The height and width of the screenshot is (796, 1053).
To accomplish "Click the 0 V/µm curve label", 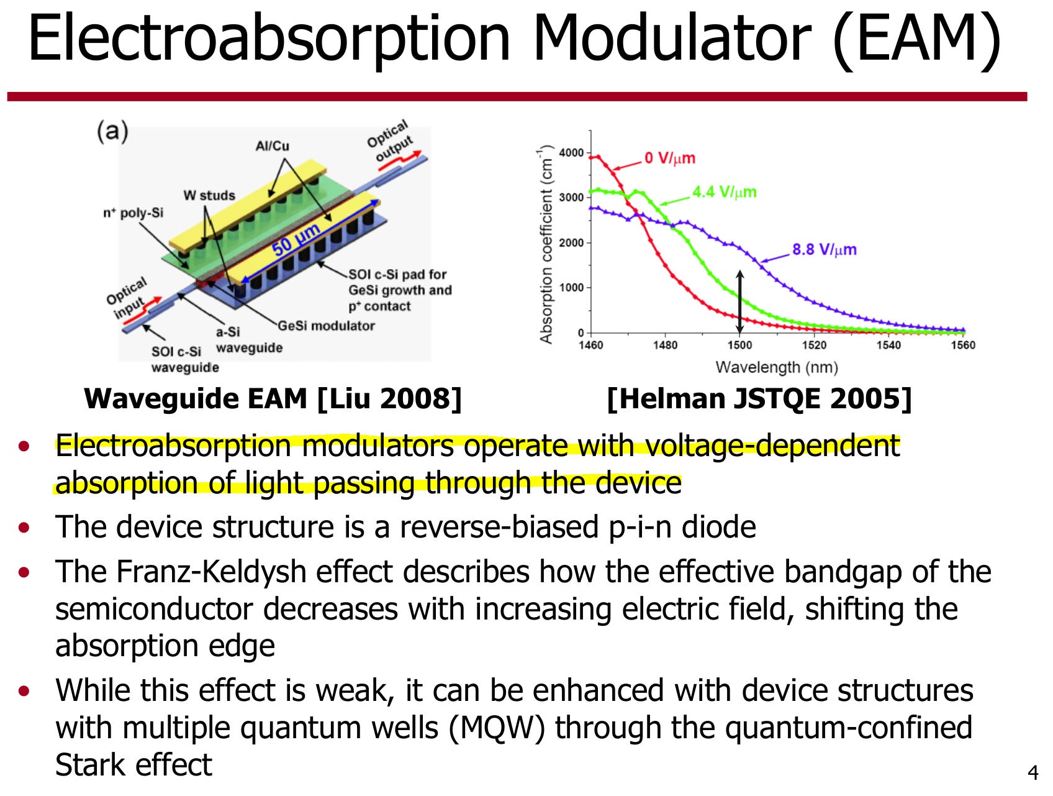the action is coord(669,158).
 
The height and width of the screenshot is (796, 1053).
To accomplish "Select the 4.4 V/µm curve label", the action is coord(725,192).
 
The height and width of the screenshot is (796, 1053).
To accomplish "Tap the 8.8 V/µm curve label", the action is coord(824,250).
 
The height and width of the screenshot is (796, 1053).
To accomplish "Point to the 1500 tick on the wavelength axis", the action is coord(739,345).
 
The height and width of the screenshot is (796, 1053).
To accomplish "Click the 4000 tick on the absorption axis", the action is coord(571,153).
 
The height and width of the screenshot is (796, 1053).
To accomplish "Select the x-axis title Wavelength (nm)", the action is coord(777,367).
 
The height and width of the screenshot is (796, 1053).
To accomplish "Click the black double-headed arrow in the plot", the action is coord(739,301).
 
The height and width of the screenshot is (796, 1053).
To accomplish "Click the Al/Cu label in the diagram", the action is coord(272,146).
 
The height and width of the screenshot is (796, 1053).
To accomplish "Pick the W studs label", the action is coord(209,195).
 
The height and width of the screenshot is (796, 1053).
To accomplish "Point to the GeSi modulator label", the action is coord(326,326).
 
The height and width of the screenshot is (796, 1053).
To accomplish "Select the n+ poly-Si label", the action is coord(133,213).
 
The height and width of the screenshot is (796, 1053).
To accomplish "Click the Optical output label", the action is coord(390,140).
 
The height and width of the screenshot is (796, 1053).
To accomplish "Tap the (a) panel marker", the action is coord(112,131).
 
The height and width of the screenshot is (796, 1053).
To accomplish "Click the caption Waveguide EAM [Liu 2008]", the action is coord(273,398).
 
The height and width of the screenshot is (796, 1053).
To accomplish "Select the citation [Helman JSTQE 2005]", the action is coord(759,398).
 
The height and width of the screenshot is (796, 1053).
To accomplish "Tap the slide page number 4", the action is coord(1033,773).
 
